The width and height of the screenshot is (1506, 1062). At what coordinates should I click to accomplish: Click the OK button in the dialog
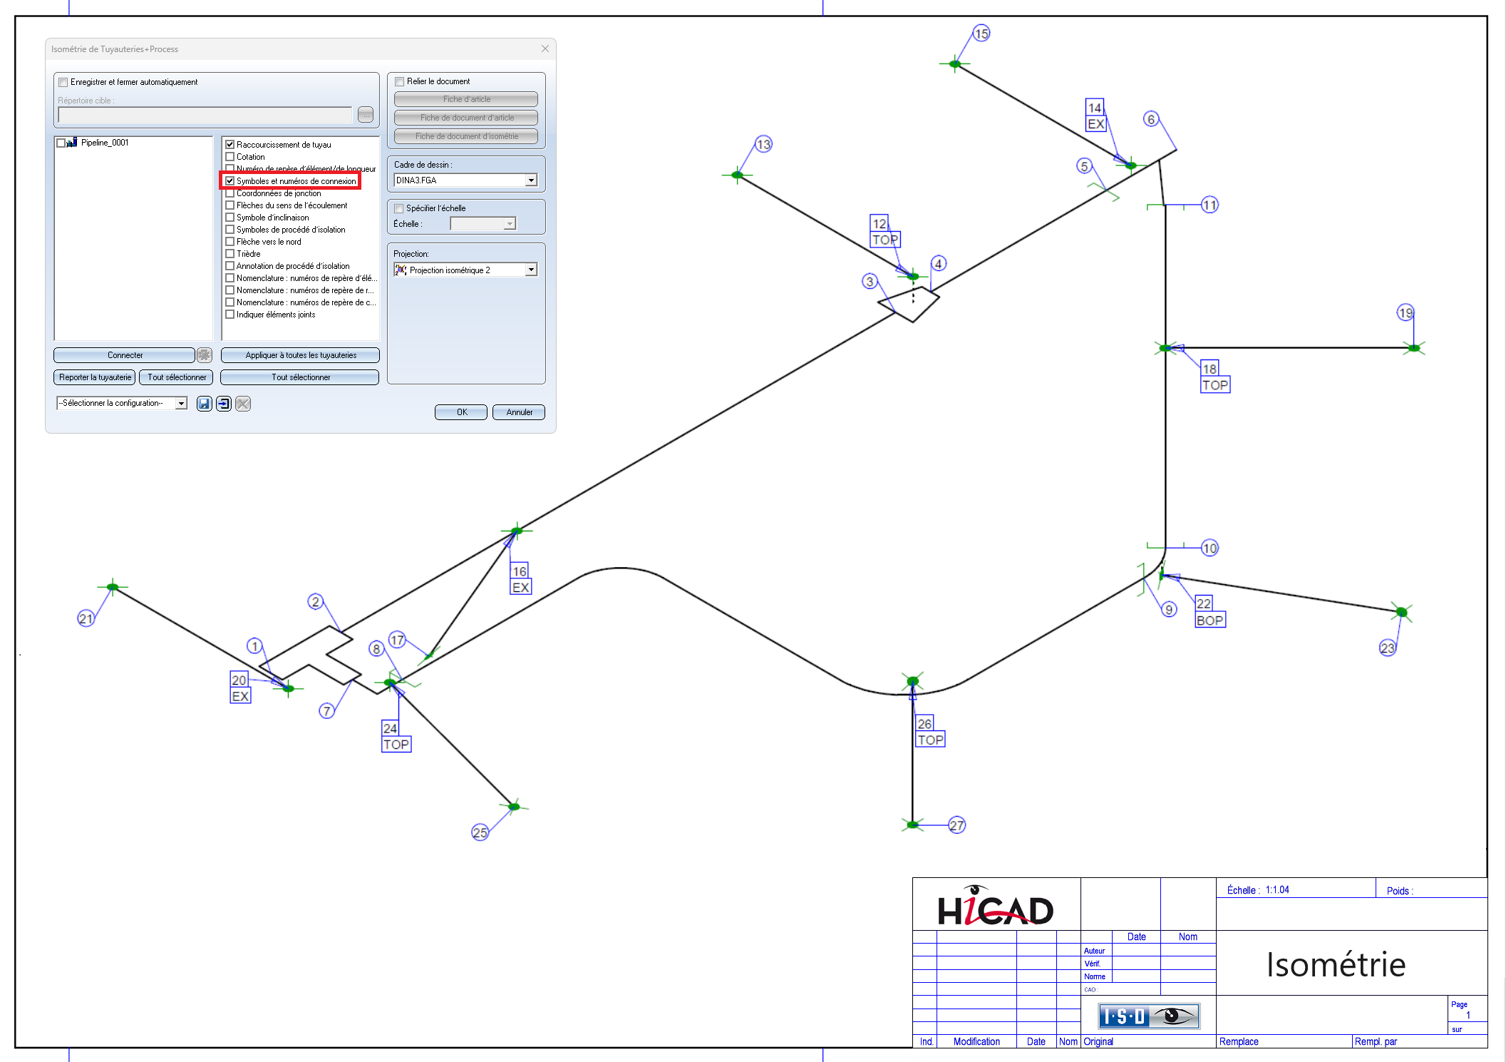[x=460, y=412]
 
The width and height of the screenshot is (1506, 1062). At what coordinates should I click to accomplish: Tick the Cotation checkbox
[x=230, y=157]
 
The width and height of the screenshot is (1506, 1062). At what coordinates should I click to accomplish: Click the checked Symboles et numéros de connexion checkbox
[x=230, y=181]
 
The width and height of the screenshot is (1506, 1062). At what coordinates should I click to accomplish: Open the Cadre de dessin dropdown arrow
[x=531, y=180]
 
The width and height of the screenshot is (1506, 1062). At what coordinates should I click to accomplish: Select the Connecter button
[x=124, y=355]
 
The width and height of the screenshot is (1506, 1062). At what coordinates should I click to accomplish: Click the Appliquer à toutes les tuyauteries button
[x=300, y=355]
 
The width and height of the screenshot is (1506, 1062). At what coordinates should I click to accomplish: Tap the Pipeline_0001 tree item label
[x=105, y=143]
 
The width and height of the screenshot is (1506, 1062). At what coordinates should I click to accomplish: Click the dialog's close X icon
[x=545, y=48]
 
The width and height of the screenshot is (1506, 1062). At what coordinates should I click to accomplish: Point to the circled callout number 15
[x=981, y=34]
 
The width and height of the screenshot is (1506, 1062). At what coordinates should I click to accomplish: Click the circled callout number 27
[x=956, y=825]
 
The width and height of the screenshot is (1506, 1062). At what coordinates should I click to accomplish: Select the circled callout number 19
[x=1405, y=312]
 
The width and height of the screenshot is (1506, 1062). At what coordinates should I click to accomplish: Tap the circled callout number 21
[x=86, y=618]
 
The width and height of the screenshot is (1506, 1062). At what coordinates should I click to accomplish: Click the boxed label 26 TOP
[x=930, y=732]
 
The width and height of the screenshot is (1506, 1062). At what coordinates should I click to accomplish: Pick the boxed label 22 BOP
[x=1210, y=612]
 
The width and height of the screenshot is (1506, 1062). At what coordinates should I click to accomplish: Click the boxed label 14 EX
[x=1095, y=116]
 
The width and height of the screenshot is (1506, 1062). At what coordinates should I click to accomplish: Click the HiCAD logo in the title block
[x=995, y=907]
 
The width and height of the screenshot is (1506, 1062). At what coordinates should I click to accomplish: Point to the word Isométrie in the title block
[x=1336, y=965]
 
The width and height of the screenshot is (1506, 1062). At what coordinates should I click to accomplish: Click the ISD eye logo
[x=1148, y=1016]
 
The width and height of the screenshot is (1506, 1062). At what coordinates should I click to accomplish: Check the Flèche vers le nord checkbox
[x=230, y=242]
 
